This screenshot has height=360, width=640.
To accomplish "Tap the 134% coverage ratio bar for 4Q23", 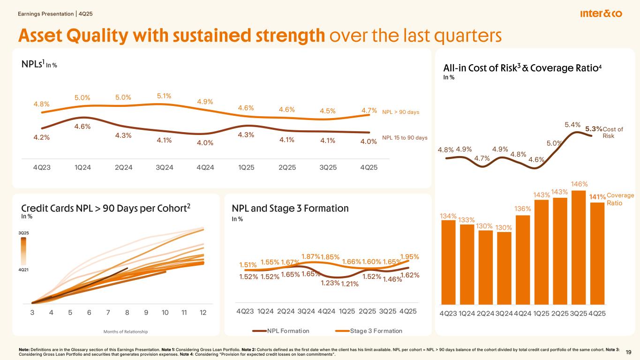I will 448,262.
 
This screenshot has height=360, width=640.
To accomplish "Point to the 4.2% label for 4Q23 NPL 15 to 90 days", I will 42,138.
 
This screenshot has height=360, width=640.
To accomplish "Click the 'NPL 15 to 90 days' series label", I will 405,138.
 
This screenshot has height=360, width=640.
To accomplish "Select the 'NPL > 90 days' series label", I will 400,112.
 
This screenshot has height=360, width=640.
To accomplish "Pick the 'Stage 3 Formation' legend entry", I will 376,331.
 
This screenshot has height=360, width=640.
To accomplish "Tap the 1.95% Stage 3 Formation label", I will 409,256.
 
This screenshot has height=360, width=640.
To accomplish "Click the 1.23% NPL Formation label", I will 330,283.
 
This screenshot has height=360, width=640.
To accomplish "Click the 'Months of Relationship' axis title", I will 125,332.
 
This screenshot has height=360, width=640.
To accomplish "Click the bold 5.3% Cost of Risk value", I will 594,128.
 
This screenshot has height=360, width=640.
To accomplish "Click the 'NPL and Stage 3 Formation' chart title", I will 290,208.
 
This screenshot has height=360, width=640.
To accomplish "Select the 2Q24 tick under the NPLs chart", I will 123,168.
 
